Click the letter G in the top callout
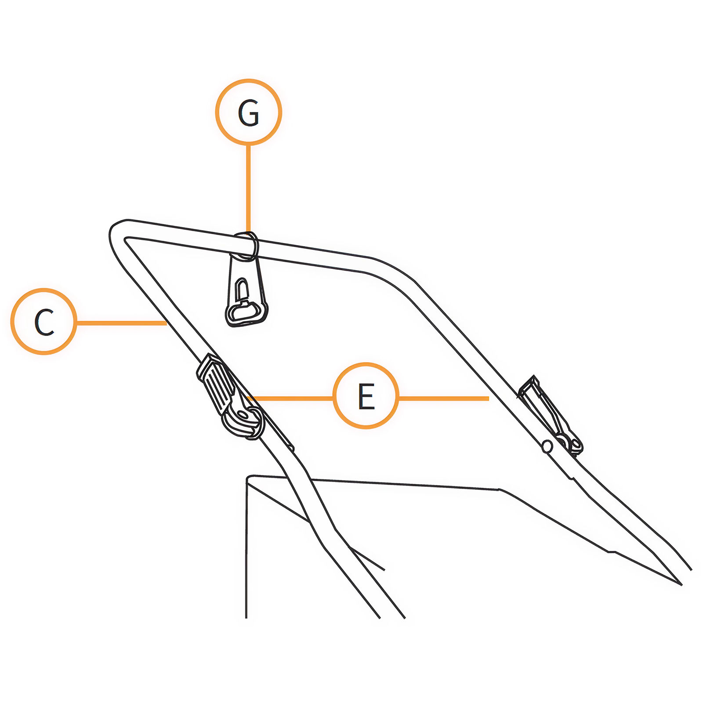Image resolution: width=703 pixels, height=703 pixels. pyautogui.click(x=249, y=113)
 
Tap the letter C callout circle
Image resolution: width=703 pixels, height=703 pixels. pyautogui.click(x=43, y=321)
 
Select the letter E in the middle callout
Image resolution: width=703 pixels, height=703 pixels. pyautogui.click(x=366, y=396)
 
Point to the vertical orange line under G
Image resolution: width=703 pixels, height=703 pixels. pyautogui.click(x=249, y=188)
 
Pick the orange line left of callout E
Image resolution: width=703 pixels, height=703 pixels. pyautogui.click(x=290, y=398)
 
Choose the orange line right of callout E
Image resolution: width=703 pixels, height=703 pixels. pyautogui.click(x=443, y=398)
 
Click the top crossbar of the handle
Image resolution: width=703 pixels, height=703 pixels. pyautogui.click(x=246, y=246)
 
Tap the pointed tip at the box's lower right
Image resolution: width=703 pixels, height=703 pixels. pyautogui.click(x=681, y=585)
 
